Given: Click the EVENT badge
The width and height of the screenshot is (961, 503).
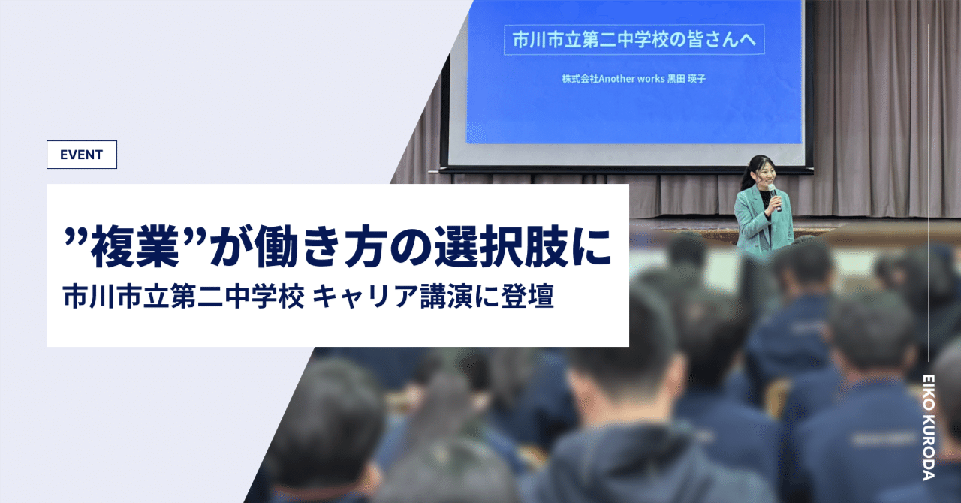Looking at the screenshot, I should [81, 155].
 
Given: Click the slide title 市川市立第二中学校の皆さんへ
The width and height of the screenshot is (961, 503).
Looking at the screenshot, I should [634, 41].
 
